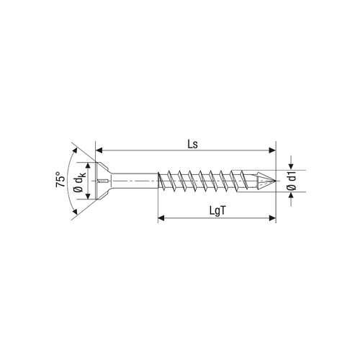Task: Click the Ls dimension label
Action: click(x=193, y=144)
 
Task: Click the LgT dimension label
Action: click(x=218, y=211)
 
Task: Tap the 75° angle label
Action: click(x=60, y=179)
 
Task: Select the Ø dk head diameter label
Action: click(x=80, y=181)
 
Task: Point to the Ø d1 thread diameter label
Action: click(x=292, y=181)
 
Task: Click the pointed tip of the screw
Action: click(x=276, y=181)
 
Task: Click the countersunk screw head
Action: click(x=104, y=181)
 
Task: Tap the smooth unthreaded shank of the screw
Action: click(x=135, y=181)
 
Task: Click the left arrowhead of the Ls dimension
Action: click(x=99, y=150)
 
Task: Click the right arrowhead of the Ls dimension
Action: click(x=272, y=150)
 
